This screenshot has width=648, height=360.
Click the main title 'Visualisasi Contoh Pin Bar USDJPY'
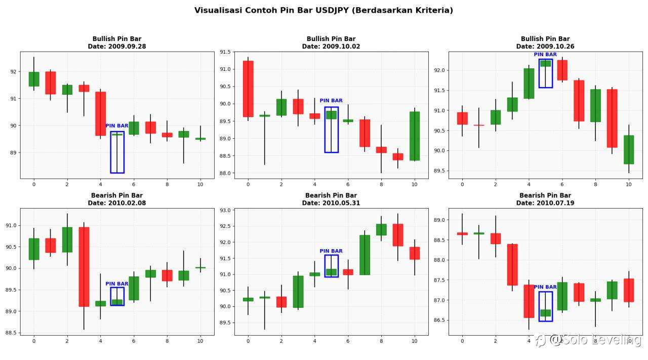click(x=323, y=10)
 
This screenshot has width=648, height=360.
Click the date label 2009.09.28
click(x=117, y=47)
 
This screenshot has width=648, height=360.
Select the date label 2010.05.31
click(x=331, y=203)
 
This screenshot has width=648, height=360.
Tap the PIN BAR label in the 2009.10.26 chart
click(x=545, y=55)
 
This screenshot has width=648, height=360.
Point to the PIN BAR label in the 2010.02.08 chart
click(x=117, y=284)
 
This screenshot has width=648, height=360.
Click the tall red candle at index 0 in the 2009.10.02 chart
click(x=248, y=89)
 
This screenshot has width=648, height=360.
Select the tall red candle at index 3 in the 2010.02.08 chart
click(x=84, y=266)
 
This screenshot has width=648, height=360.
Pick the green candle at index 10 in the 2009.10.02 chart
click(x=415, y=136)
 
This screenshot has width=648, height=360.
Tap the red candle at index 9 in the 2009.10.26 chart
click(x=612, y=118)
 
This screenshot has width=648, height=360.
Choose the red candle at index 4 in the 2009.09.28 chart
click(x=101, y=113)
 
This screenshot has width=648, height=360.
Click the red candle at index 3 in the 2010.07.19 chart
click(x=512, y=264)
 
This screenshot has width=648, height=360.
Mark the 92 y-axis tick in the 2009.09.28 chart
click(x=14, y=72)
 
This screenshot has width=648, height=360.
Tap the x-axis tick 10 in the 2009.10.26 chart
click(x=628, y=184)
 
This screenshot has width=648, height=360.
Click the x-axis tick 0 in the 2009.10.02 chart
click(x=248, y=184)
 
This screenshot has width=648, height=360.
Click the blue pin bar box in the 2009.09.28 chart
click(x=117, y=152)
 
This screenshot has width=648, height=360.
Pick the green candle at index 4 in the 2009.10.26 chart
click(x=529, y=84)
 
